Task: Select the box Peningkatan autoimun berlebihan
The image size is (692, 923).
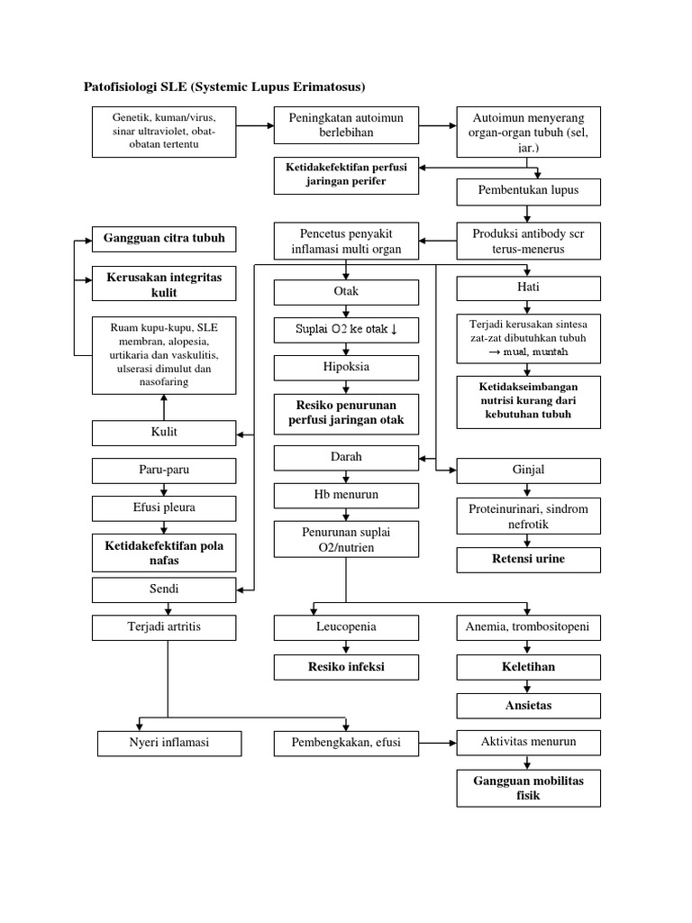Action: pos(346,125)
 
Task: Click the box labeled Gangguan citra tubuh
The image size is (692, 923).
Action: pos(164,239)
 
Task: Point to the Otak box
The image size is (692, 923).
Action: pos(346,292)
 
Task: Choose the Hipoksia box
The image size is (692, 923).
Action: pos(346,368)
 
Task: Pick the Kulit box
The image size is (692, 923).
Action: pos(164,432)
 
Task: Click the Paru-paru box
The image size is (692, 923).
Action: pos(164,470)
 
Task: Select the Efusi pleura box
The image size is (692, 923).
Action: pos(164,507)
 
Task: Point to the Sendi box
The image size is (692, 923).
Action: pos(164,589)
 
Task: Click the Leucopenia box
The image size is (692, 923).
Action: pos(346,626)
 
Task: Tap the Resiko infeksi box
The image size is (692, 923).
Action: pos(346,666)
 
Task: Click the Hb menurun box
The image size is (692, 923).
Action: pos(346,495)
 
